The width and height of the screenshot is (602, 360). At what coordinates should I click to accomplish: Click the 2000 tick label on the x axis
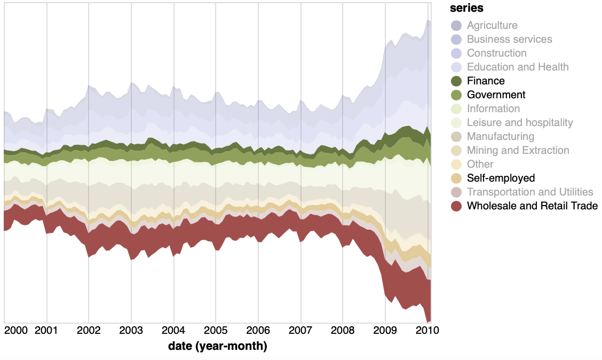click(x=16, y=330)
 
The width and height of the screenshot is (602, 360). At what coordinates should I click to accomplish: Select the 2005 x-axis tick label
click(x=216, y=330)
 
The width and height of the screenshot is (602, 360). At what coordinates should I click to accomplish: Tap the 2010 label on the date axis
click(x=427, y=330)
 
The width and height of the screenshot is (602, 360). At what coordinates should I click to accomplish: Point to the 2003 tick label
click(x=131, y=330)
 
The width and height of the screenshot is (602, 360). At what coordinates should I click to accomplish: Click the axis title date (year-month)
click(x=217, y=346)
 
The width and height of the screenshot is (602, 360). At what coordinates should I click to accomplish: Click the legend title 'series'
click(x=466, y=8)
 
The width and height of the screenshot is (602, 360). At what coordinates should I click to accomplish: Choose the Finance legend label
click(x=485, y=81)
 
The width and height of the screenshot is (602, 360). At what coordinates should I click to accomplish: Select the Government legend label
click(x=496, y=95)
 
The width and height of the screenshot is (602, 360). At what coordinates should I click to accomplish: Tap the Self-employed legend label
click(x=501, y=178)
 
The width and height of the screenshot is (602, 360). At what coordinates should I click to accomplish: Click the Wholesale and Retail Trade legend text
click(x=532, y=206)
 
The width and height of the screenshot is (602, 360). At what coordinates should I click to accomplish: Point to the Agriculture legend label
click(x=492, y=25)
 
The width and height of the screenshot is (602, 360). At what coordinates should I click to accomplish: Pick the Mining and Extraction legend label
click(x=518, y=150)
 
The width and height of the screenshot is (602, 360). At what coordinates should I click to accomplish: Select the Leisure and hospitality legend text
click(x=520, y=122)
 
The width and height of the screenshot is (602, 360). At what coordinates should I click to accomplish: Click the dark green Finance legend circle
click(x=456, y=81)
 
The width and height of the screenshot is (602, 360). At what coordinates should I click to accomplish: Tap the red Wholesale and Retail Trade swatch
click(x=456, y=206)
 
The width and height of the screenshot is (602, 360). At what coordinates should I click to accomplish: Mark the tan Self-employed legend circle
click(x=456, y=178)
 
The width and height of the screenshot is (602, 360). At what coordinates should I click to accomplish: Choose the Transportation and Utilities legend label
click(x=530, y=192)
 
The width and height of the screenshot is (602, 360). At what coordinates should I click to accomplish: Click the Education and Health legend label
click(x=518, y=67)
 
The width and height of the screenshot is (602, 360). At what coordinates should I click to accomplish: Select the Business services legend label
click(x=509, y=39)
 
